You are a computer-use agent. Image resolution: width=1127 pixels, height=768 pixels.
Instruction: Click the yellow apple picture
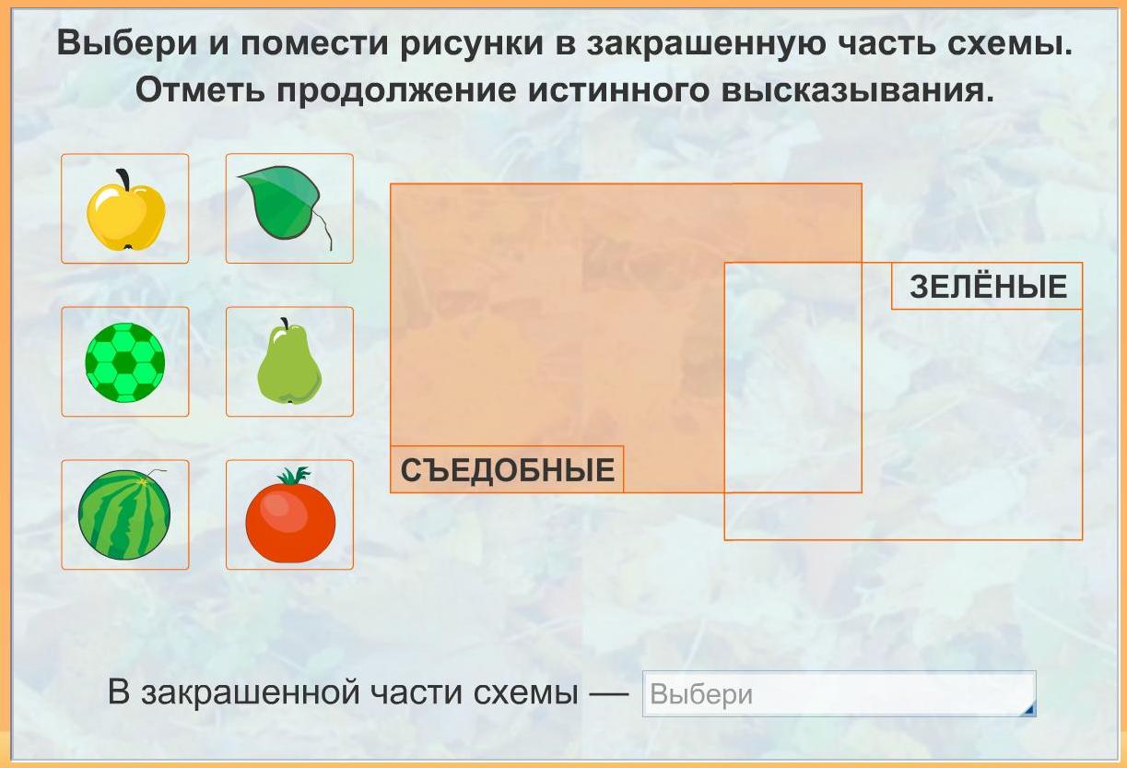(125, 210)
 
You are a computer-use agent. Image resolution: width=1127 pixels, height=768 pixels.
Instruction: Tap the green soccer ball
(124, 362)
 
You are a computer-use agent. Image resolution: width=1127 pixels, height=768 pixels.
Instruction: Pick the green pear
(289, 362)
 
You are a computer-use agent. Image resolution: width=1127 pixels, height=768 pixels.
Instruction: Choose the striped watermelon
(124, 514)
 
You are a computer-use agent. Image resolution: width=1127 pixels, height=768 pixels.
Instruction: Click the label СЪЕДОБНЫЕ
(507, 470)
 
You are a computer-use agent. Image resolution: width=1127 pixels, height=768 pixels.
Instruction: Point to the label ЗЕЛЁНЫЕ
(988, 287)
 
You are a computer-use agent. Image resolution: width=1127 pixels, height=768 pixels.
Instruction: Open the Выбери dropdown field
(839, 694)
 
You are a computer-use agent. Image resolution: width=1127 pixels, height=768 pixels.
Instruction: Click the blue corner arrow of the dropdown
(1029, 710)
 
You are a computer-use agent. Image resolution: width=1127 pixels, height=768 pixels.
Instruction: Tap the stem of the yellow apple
(123, 179)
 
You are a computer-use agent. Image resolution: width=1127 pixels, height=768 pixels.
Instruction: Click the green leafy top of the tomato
(293, 476)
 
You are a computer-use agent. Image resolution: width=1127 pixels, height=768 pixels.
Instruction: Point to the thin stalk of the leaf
(324, 230)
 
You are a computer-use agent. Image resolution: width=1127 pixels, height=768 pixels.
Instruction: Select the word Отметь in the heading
(200, 90)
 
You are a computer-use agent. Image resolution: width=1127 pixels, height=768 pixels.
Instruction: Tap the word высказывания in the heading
(857, 91)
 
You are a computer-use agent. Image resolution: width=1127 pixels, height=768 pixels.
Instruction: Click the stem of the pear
(286, 323)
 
